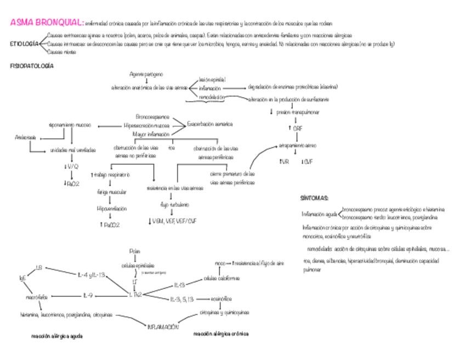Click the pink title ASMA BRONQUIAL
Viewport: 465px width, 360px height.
(x=47, y=23)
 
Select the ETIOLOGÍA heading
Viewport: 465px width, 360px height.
(x=24, y=43)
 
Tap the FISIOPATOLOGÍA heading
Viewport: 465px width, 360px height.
(x=32, y=66)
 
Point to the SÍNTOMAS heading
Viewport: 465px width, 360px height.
(x=314, y=198)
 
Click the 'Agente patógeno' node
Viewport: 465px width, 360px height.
(x=145, y=74)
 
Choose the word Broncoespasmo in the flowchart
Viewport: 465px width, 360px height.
(x=152, y=117)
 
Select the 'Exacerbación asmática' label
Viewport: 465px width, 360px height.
(x=209, y=124)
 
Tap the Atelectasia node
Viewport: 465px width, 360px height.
(x=25, y=137)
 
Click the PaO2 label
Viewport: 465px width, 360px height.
(x=71, y=184)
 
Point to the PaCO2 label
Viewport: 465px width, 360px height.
(x=110, y=224)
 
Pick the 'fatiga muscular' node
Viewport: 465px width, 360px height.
(x=111, y=192)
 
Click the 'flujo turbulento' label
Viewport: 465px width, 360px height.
(x=174, y=204)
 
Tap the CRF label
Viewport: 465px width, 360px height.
(x=297, y=128)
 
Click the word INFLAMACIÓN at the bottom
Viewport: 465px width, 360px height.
(x=163, y=327)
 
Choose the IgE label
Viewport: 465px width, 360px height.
(x=22, y=278)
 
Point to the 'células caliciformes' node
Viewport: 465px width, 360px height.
(x=222, y=278)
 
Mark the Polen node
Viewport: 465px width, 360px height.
(x=135, y=251)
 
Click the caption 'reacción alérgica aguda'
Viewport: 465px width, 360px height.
(x=57, y=336)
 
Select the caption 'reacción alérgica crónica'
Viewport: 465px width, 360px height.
(x=221, y=334)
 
